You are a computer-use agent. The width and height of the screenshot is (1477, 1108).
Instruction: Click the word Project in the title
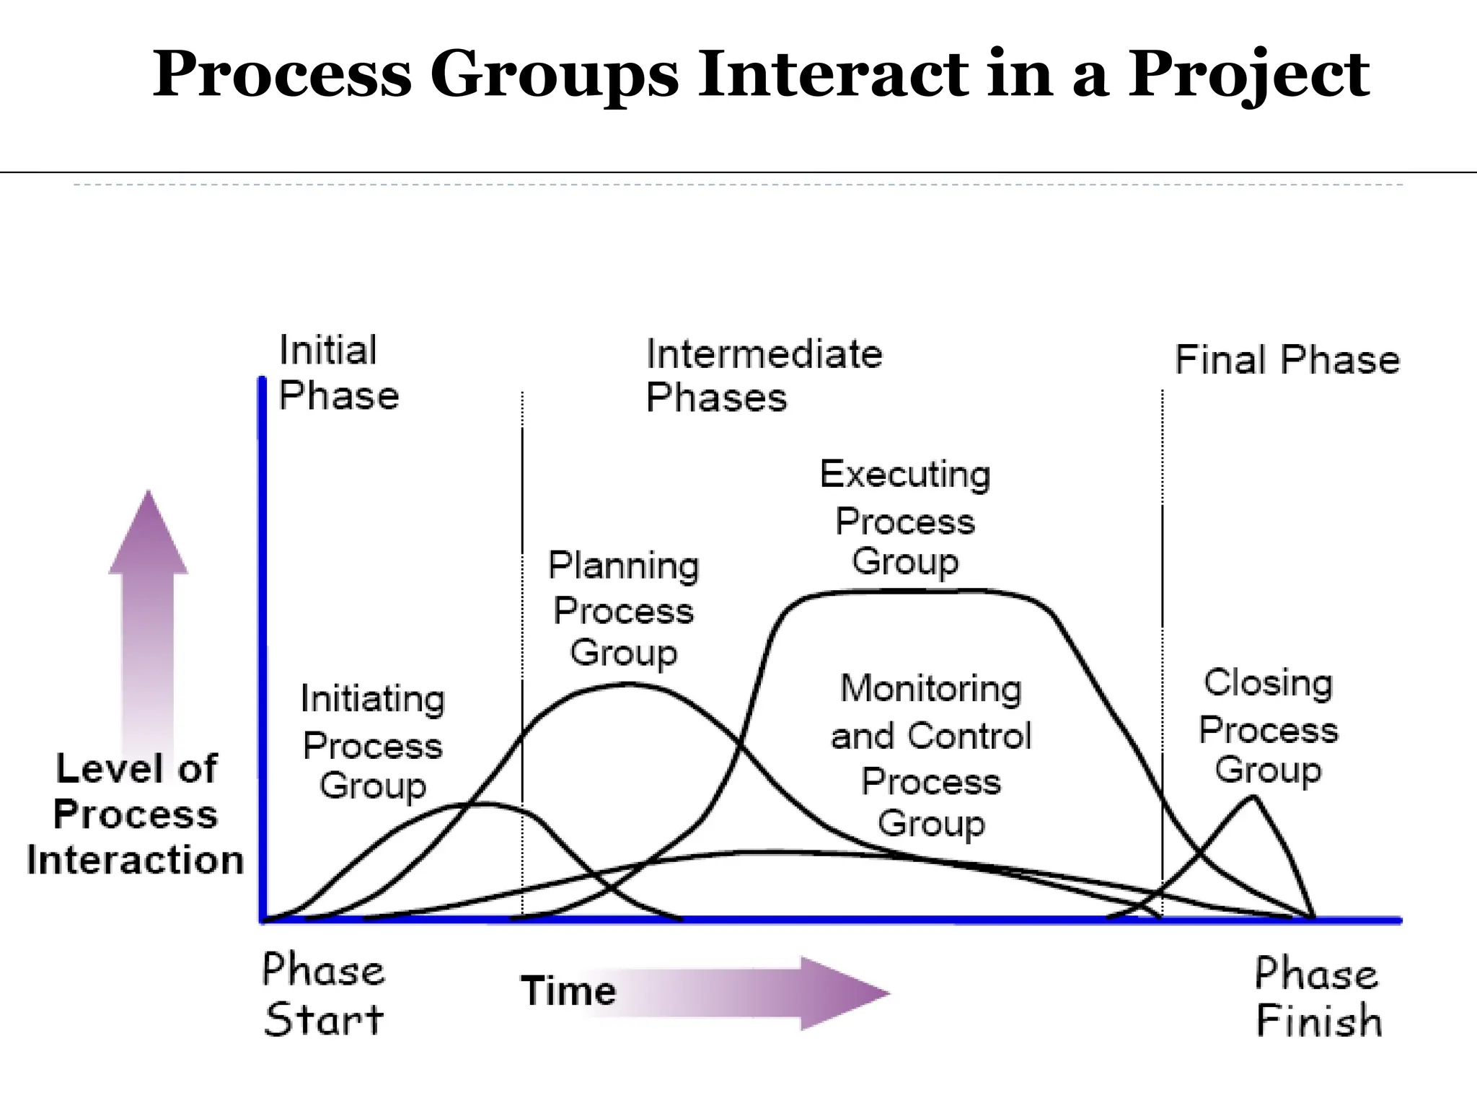coord(1248,76)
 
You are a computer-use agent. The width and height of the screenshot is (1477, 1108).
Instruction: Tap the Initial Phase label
coord(338,372)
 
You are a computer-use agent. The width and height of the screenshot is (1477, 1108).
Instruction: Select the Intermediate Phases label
coord(763,375)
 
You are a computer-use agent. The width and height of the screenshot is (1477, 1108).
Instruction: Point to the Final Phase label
coord(1287,360)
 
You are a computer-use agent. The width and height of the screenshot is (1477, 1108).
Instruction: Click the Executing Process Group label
coord(904,518)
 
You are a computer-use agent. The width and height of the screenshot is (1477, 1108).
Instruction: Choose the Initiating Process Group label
coord(372,742)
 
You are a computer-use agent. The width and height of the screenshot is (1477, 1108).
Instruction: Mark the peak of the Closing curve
coord(1253,797)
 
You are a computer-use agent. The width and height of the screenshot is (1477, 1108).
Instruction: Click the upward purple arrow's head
coord(149,535)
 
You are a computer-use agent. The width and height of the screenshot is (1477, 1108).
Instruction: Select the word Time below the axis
coord(568,990)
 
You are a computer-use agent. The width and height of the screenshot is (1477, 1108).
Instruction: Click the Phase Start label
coord(323,994)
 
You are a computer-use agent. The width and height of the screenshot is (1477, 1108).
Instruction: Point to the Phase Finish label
coord(1318,997)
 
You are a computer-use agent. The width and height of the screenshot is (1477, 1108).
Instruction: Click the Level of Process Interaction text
coord(136,814)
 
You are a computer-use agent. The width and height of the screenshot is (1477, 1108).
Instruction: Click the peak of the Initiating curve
coord(482,803)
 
